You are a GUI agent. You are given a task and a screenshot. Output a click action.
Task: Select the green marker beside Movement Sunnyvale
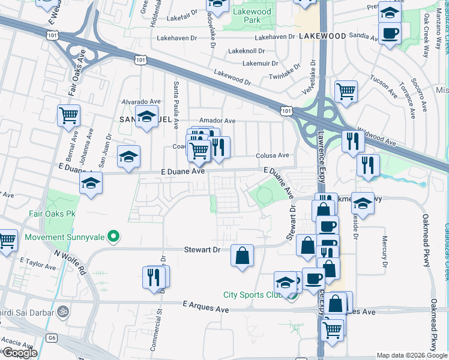[112, 236]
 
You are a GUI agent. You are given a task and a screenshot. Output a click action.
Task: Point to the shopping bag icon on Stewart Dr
[242, 256]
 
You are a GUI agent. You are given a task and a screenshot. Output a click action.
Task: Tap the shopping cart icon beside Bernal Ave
[68, 115]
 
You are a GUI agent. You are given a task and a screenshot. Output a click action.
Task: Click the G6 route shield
[52, 338]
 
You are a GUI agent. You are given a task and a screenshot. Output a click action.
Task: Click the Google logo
[19, 353]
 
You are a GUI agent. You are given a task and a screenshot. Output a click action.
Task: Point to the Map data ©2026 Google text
[411, 356]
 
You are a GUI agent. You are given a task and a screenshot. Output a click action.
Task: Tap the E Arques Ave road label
[206, 306]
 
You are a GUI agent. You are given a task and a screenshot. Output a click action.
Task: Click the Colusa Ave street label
[274, 155]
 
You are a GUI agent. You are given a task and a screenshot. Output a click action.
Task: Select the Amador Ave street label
[217, 121]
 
